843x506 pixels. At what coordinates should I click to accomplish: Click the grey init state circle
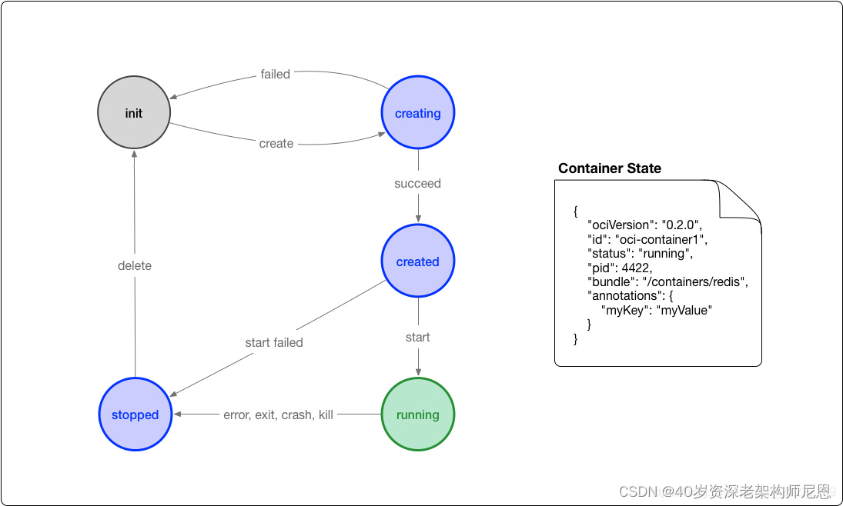click(x=134, y=113)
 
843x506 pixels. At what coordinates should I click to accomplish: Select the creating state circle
click(x=418, y=113)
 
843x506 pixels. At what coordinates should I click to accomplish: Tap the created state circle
click(x=418, y=261)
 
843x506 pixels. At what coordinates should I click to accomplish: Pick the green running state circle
click(x=418, y=414)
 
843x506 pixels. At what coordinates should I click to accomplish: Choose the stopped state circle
click(x=135, y=414)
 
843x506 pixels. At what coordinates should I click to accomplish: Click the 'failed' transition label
click(x=276, y=74)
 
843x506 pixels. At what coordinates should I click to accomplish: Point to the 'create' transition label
click(x=276, y=144)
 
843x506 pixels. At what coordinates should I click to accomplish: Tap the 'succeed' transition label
click(x=418, y=184)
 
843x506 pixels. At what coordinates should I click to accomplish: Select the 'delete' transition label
click(x=135, y=265)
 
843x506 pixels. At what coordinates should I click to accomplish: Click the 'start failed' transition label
click(x=274, y=343)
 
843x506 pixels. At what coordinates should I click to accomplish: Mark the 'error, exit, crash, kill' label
click(x=279, y=414)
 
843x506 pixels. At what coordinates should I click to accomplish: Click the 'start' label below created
click(x=418, y=338)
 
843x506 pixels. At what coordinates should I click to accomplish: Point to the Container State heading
click(x=610, y=168)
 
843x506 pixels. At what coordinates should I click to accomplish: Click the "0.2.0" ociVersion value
click(x=681, y=225)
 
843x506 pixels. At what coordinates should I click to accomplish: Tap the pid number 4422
click(x=637, y=268)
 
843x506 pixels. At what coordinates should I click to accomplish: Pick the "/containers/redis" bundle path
click(x=695, y=281)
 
